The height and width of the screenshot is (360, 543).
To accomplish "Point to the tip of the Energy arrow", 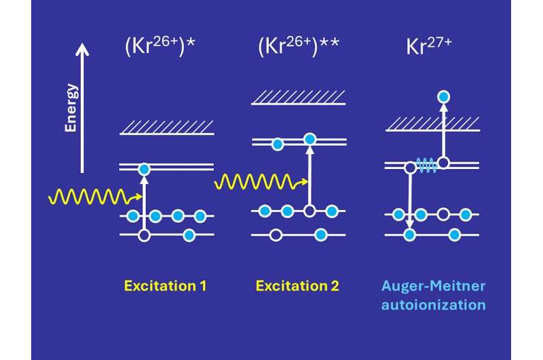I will coord(82,45).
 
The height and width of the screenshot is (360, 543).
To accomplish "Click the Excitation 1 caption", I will coord(166,285).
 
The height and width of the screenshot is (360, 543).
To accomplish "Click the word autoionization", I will coord(443,304).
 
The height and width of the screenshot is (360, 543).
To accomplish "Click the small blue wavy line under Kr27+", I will coord(426,165).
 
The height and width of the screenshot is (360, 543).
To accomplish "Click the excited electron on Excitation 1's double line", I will coord(144,168).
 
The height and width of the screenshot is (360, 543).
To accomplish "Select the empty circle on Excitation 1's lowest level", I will coord(144,235).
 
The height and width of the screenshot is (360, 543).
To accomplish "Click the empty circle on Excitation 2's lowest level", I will coord(276,235).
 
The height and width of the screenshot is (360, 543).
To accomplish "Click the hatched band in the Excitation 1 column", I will coord(167,128).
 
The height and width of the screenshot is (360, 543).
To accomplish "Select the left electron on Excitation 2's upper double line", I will coord(277,143).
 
